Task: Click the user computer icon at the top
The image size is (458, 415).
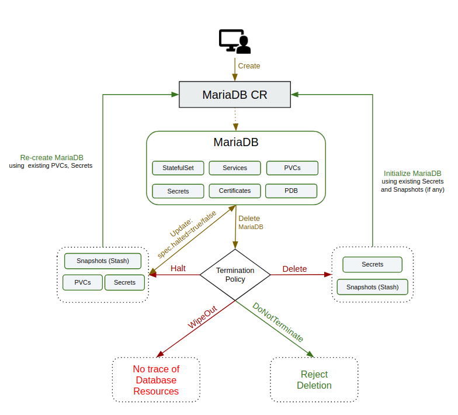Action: [234, 41]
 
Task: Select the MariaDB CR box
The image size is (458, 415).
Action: [234, 95]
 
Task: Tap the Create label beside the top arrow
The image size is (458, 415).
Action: [249, 66]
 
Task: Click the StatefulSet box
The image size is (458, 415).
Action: [178, 168]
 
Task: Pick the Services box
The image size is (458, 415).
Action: [234, 168]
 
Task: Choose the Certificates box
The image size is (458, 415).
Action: [234, 191]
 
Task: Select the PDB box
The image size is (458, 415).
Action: [291, 191]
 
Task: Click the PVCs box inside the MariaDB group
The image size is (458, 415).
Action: [292, 168]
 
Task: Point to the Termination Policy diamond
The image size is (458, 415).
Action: [235, 275]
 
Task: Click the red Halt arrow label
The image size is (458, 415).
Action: [178, 268]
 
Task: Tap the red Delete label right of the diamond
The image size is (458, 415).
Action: [294, 269]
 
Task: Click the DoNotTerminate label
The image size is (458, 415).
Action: [277, 322]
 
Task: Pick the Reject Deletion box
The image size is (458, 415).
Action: [314, 380]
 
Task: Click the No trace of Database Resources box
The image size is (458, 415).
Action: [156, 380]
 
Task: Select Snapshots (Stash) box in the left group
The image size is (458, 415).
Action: [103, 260]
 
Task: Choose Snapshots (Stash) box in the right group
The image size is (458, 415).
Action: [372, 287]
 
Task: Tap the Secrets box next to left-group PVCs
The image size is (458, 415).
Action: [124, 282]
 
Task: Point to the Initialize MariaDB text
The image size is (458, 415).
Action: [412, 174]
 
